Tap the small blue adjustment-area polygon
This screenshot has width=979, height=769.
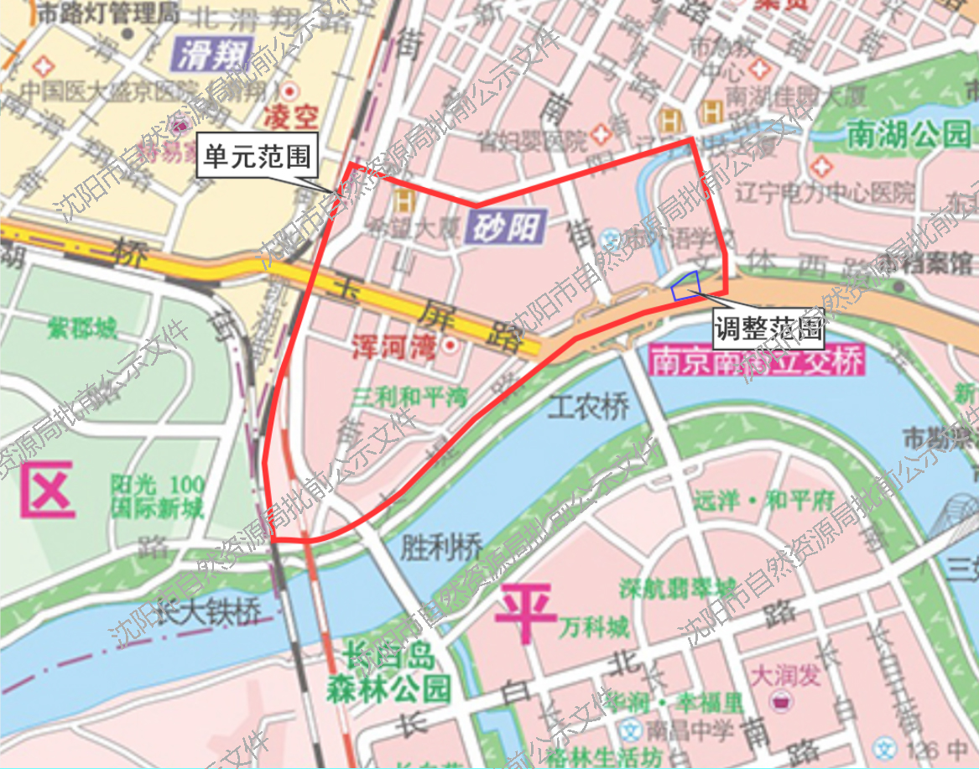685,286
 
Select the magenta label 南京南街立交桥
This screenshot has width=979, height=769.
756,363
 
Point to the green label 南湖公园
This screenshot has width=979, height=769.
909,133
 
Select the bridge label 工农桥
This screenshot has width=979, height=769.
588,408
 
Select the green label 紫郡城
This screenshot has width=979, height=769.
83,329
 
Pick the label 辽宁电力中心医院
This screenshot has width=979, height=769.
825,195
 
